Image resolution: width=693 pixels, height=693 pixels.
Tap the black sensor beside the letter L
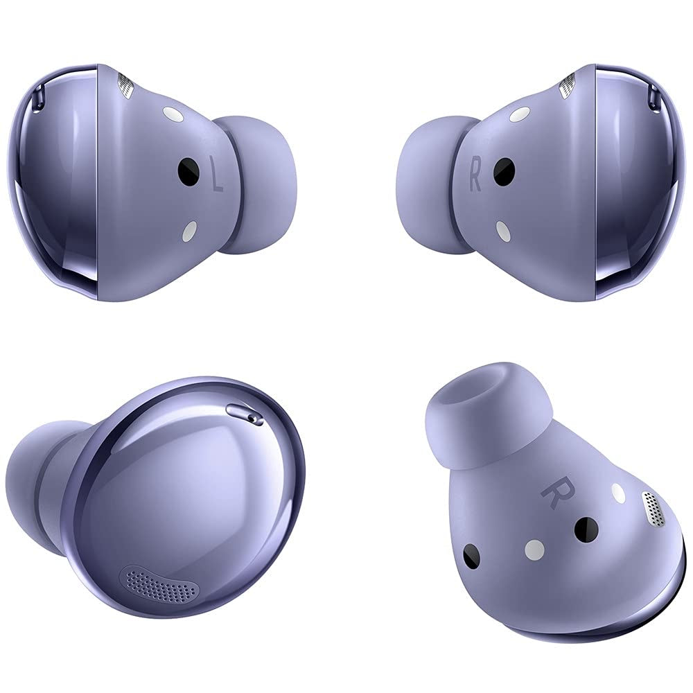(x=188, y=171)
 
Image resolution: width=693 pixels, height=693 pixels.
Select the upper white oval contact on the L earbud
(x=174, y=114)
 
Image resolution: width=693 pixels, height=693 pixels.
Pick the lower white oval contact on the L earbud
(x=190, y=231)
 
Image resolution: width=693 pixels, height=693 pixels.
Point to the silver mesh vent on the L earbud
(x=125, y=85)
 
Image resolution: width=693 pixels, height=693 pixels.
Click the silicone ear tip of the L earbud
(x=258, y=185)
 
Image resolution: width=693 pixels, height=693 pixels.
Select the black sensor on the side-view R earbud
(x=504, y=171)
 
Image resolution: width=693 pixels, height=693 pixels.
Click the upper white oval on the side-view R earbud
(x=520, y=114)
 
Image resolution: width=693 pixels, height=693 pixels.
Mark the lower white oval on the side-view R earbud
(x=503, y=231)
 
